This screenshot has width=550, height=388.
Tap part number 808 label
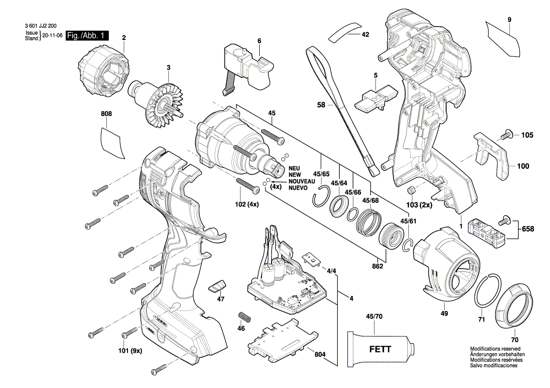click(x=107, y=114)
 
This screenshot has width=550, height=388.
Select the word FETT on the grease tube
click(x=379, y=349)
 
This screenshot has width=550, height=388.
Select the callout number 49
click(x=444, y=313)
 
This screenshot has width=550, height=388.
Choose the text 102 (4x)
click(x=247, y=204)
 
